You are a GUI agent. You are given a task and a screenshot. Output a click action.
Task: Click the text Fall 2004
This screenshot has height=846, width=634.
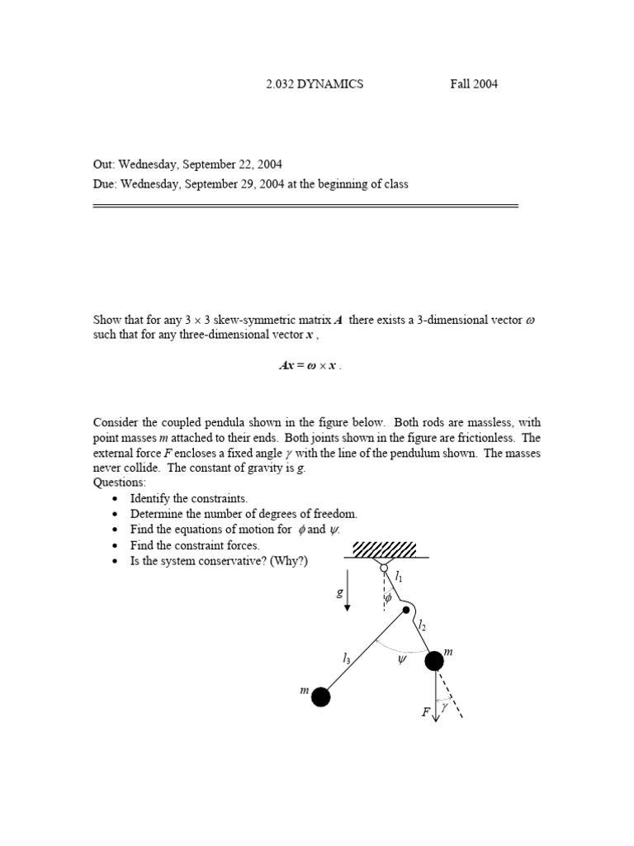474,84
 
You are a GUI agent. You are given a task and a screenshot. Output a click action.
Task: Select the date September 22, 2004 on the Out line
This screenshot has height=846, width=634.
223,165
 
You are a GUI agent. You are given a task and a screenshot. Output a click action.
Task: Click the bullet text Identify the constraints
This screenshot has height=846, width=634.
189,498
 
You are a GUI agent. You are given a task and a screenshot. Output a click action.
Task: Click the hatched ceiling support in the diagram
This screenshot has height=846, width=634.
384,549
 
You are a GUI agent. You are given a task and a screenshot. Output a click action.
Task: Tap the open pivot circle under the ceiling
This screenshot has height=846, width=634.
384,568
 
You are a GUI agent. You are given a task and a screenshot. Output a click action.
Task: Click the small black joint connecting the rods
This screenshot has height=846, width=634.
405,611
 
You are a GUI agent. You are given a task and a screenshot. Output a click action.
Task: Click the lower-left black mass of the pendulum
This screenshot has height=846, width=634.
320,697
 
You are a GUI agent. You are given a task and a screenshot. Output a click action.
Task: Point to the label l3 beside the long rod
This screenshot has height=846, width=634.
347,658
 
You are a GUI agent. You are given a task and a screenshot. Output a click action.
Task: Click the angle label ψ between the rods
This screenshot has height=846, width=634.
403,661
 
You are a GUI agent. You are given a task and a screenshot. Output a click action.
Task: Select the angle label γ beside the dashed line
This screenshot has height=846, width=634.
444,707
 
